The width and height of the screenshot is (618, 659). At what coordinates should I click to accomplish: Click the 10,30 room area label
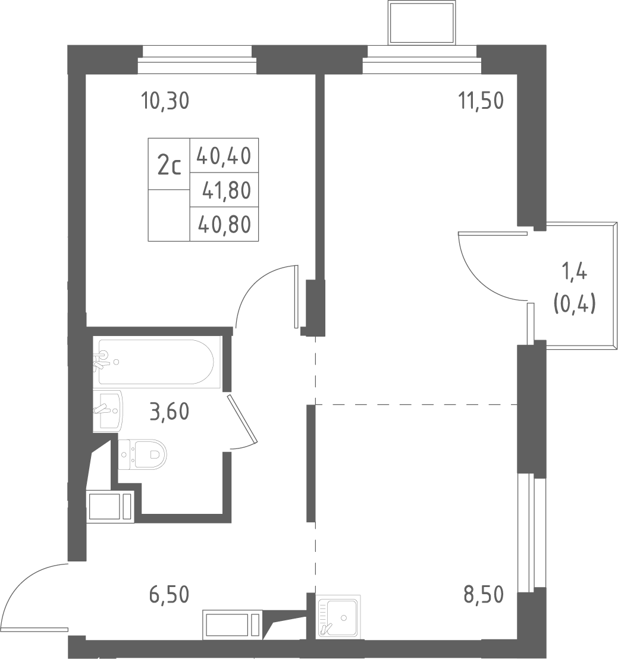[165, 101]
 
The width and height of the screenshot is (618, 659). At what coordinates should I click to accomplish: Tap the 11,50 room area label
[481, 101]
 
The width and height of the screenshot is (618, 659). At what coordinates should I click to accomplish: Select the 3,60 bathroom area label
[170, 412]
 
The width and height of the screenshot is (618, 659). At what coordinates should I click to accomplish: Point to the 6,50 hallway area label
[169, 595]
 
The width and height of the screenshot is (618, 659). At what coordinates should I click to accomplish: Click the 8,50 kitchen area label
[484, 595]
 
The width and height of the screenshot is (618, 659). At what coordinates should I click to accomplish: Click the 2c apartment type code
[170, 166]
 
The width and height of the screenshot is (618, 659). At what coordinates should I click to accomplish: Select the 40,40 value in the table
[224, 156]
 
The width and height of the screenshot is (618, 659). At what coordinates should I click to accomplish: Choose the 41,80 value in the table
[227, 190]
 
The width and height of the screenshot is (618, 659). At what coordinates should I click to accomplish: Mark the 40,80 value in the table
[224, 224]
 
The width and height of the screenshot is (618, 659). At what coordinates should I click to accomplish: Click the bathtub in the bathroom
[156, 362]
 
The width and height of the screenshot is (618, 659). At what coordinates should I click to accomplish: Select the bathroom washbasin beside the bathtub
[108, 410]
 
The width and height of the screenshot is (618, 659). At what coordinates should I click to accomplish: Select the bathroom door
[241, 419]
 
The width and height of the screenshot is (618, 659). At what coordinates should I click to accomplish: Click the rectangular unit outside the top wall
[422, 23]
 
